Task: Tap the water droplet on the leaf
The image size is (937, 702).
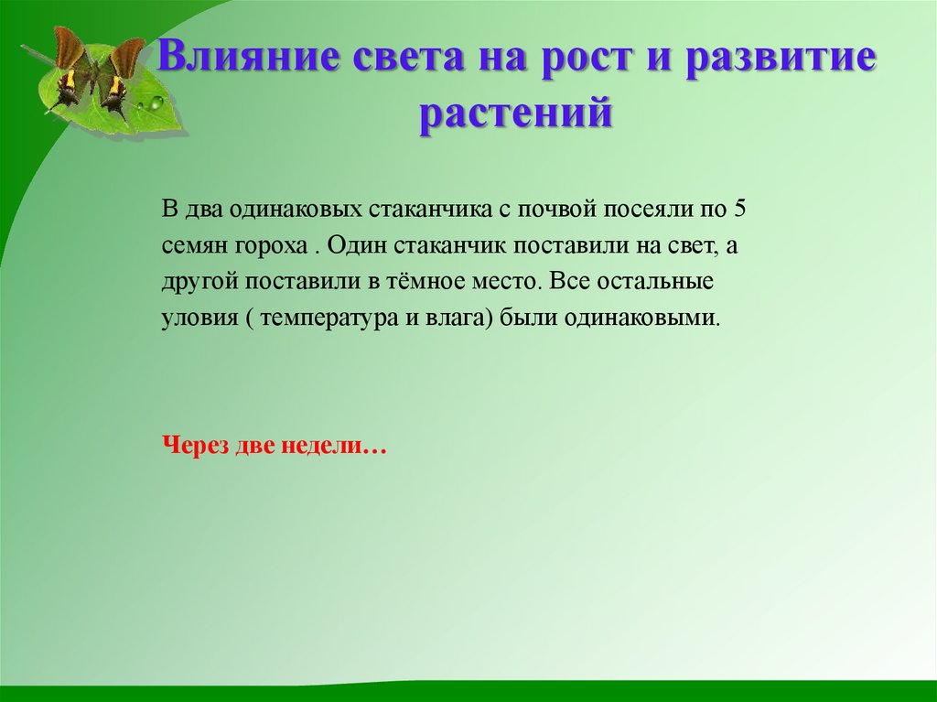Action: click(x=155, y=104)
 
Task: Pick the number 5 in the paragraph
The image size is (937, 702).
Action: click(x=741, y=208)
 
